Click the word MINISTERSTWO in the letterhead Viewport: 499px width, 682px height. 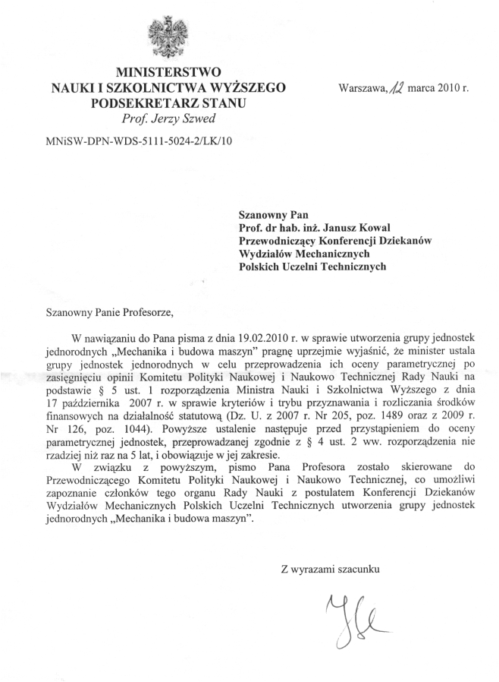(x=168, y=74)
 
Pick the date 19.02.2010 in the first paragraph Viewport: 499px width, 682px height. (x=263, y=336)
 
